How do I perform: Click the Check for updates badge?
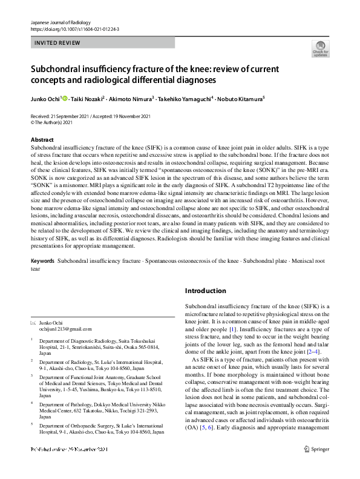point(321,49)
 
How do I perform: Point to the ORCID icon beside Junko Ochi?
point(65,97)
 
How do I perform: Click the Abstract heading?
point(42,139)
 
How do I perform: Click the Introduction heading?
point(205,291)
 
